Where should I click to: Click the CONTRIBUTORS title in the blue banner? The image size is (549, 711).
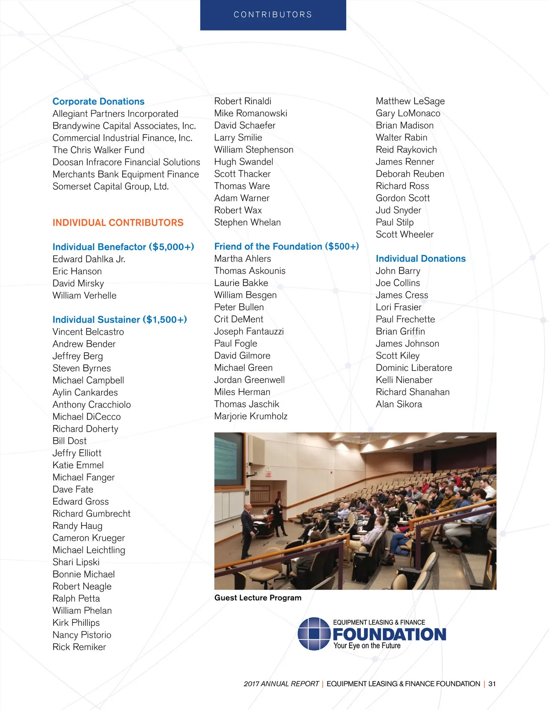273,15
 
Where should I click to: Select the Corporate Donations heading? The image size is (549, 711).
98,102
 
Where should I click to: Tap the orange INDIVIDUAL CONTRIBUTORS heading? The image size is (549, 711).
118,223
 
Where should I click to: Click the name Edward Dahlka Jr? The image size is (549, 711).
89,259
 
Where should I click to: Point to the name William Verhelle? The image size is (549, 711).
84,296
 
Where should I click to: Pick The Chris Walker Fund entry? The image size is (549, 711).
98,150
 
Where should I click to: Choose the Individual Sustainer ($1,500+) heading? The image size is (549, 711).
119,320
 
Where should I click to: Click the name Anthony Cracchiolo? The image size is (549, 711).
91,405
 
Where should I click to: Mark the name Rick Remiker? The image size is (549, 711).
79,647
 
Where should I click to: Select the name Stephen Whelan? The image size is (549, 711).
248,223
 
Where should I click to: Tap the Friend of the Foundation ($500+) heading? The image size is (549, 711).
286,247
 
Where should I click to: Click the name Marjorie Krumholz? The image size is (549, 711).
251,416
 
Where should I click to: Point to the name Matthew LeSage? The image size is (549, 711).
410,101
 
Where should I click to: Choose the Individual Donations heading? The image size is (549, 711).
420,259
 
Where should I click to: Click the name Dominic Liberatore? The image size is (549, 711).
414,368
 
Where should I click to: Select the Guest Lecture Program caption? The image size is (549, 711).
258,598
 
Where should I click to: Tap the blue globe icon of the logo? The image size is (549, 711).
314,634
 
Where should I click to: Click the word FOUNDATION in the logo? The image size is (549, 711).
389,635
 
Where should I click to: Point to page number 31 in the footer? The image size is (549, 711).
492,684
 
